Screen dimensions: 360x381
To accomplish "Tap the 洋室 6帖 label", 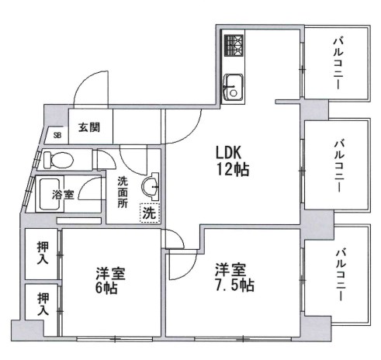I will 106,281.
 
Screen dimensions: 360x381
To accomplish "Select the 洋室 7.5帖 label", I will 233,278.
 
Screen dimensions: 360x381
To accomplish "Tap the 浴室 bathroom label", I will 63,195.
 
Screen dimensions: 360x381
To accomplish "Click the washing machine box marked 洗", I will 147,212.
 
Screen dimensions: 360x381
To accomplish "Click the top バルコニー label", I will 338,61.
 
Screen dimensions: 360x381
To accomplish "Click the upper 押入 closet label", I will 43,253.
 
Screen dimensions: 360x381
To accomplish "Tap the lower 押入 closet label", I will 43,303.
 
